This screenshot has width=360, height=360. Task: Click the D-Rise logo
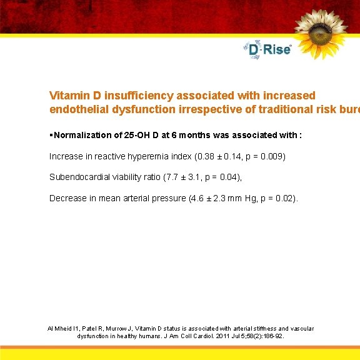click(x=267, y=49)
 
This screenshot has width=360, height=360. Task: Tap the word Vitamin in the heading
click(x=69, y=96)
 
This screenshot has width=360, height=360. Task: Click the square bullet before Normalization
click(x=51, y=135)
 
